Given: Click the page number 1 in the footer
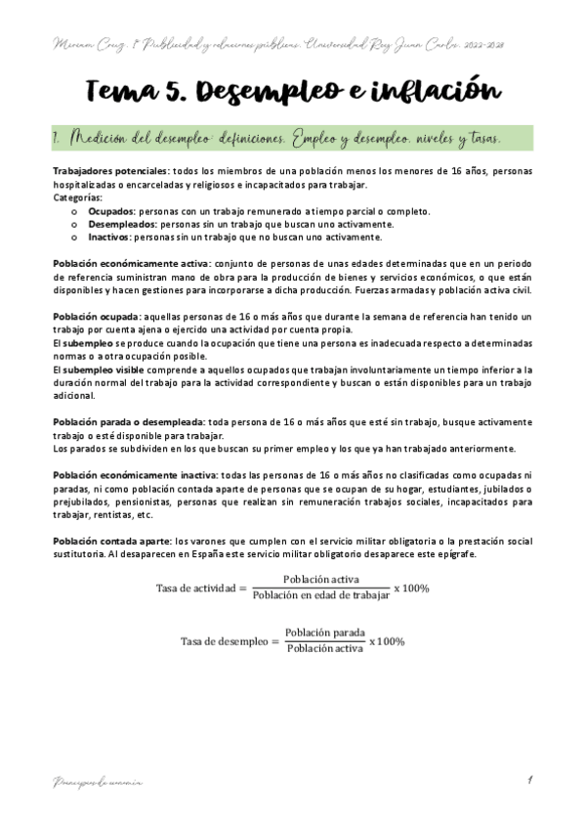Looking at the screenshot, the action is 527,779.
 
